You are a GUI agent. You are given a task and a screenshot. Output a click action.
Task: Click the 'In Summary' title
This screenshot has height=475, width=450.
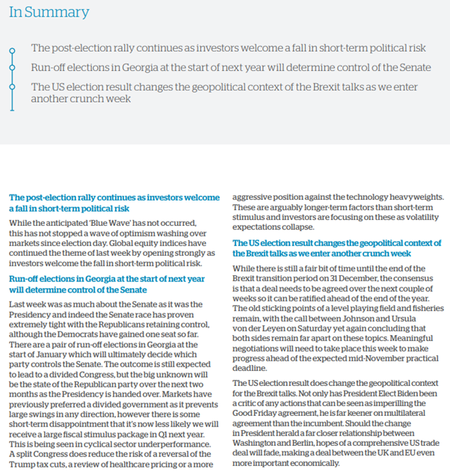[x=49, y=13]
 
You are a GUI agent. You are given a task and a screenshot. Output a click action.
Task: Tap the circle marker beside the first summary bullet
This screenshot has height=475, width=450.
[x=11, y=50]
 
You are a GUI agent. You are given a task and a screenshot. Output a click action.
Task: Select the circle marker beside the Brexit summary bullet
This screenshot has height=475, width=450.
[x=11, y=88]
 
